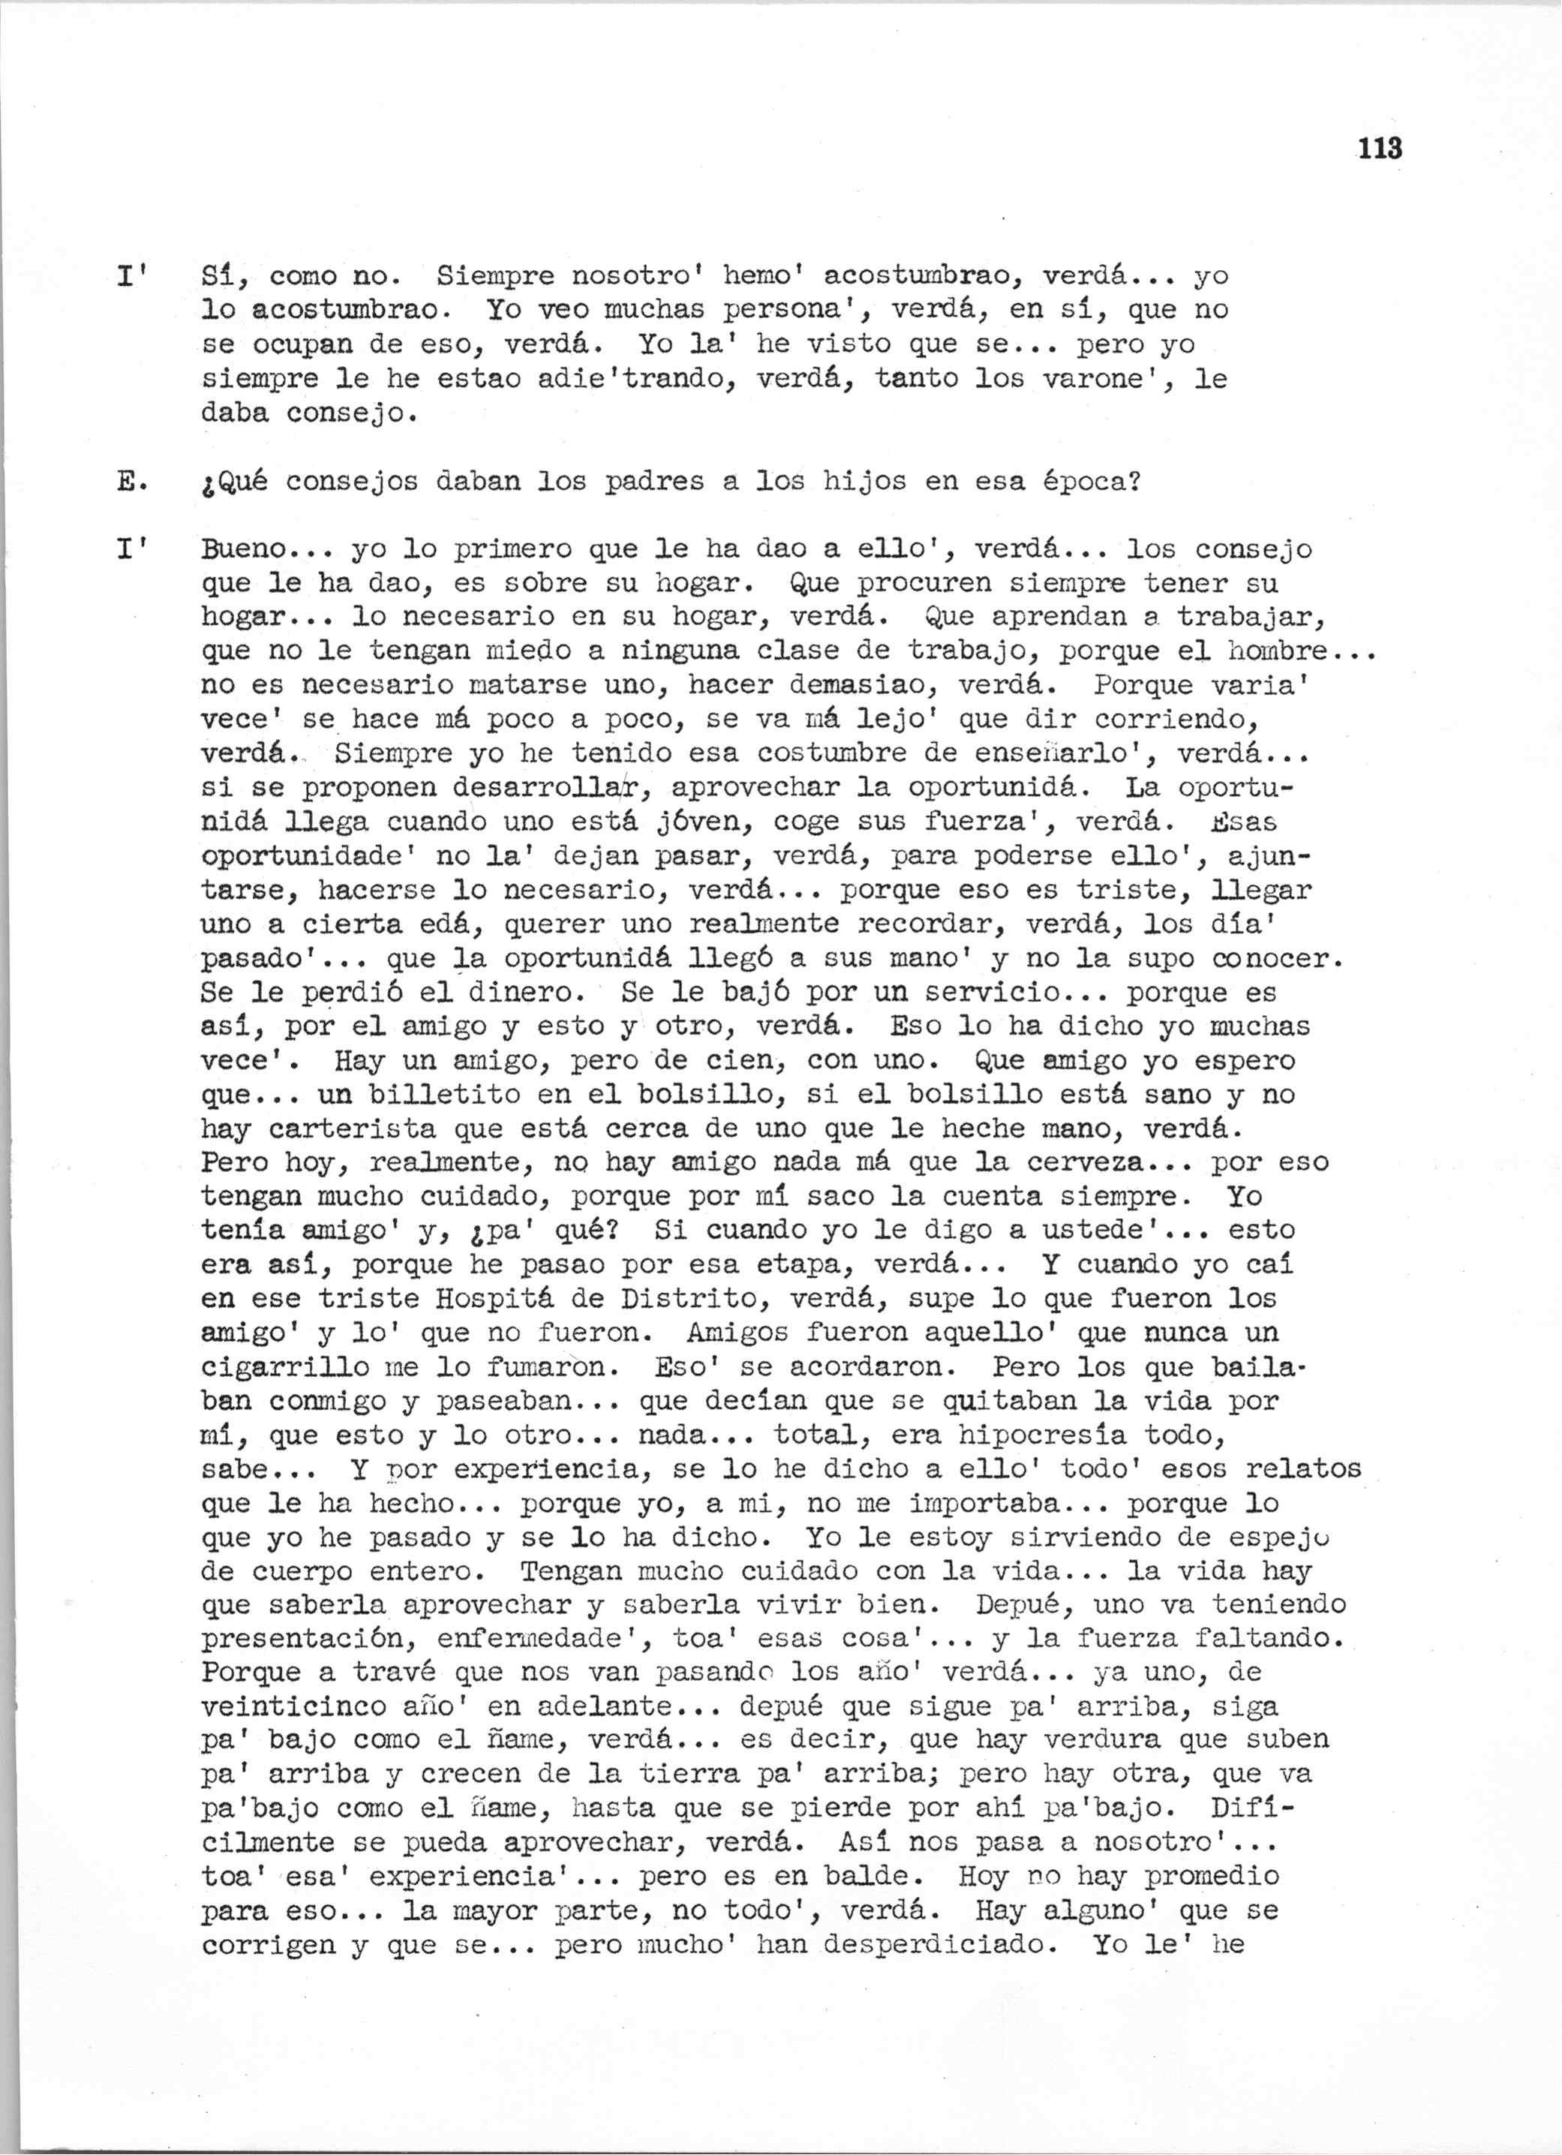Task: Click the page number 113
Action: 1380,149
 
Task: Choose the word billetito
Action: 428,1095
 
